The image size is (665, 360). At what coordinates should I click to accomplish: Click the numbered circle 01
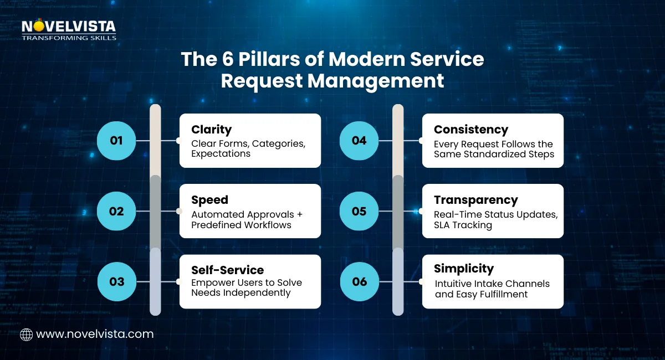click(116, 141)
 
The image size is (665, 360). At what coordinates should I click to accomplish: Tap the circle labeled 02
click(116, 211)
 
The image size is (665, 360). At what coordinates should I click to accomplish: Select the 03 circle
click(116, 281)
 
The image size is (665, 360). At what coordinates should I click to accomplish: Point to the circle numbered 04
click(359, 141)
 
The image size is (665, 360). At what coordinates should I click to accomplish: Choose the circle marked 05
click(359, 211)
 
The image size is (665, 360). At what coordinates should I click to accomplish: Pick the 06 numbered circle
click(359, 281)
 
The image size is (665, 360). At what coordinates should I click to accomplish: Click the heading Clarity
click(211, 130)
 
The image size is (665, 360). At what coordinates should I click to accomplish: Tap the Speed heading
click(209, 200)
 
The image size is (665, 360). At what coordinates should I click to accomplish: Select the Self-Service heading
click(227, 270)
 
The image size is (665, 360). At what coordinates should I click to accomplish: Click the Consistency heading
click(471, 130)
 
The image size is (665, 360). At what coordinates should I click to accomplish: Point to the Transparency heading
click(475, 200)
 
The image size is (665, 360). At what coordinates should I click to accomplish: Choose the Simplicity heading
click(464, 269)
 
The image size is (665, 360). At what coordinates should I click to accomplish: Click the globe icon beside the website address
click(26, 335)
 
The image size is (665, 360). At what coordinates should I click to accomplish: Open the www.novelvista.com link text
click(95, 335)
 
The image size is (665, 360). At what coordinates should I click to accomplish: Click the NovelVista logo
click(69, 30)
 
